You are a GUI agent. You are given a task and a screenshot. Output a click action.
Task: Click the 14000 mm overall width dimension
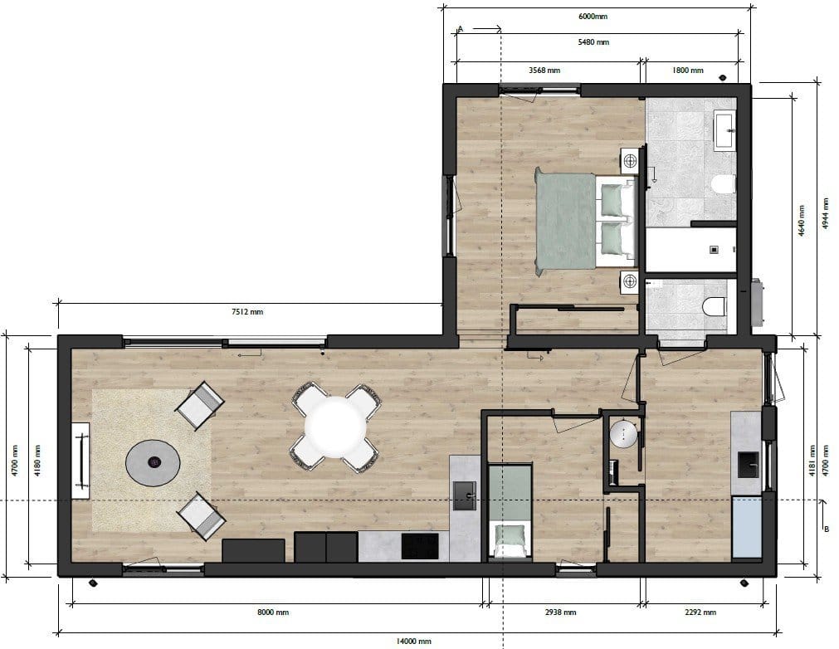pyautogui.click(x=413, y=641)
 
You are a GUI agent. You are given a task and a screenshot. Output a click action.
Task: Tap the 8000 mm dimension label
pyautogui.click(x=273, y=612)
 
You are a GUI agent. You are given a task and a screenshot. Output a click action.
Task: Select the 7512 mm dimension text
pyautogui.click(x=247, y=311)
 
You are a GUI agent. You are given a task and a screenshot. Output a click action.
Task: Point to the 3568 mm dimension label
pyautogui.click(x=544, y=70)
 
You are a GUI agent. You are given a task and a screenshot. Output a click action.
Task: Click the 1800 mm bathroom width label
pyautogui.click(x=688, y=70)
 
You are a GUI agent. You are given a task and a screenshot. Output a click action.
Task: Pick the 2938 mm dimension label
pyautogui.click(x=560, y=612)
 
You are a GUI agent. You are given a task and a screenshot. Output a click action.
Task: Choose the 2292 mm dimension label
pyautogui.click(x=700, y=612)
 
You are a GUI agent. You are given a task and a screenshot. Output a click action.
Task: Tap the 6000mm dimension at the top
pyautogui.click(x=593, y=17)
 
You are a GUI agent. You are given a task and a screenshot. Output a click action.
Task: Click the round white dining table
pyautogui.click(x=335, y=427)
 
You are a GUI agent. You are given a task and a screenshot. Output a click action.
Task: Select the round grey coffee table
pyautogui.click(x=153, y=463)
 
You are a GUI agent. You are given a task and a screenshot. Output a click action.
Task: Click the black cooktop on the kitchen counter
pyautogui.click(x=420, y=546)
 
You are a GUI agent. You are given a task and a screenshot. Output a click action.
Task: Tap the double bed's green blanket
pyautogui.click(x=566, y=222)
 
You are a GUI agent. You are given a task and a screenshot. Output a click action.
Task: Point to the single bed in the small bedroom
pyautogui.click(x=510, y=512)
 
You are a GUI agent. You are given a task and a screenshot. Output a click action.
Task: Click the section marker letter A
pyautogui.click(x=461, y=29)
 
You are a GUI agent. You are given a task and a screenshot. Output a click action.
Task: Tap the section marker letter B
pyautogui.click(x=827, y=529)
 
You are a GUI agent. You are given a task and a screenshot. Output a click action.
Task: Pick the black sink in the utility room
pyautogui.click(x=748, y=465)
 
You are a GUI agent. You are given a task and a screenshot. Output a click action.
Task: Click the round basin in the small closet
pyautogui.click(x=623, y=434)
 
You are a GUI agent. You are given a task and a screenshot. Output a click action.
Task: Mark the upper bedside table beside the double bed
pyautogui.click(x=630, y=160)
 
